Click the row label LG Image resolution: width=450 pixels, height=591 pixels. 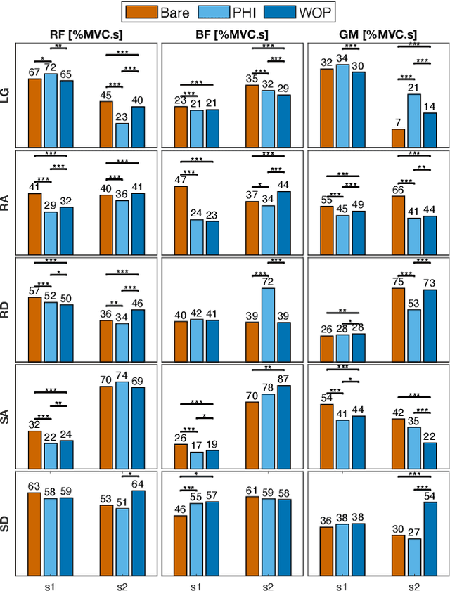[11, 95]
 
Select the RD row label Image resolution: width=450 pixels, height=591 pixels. [11, 309]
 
